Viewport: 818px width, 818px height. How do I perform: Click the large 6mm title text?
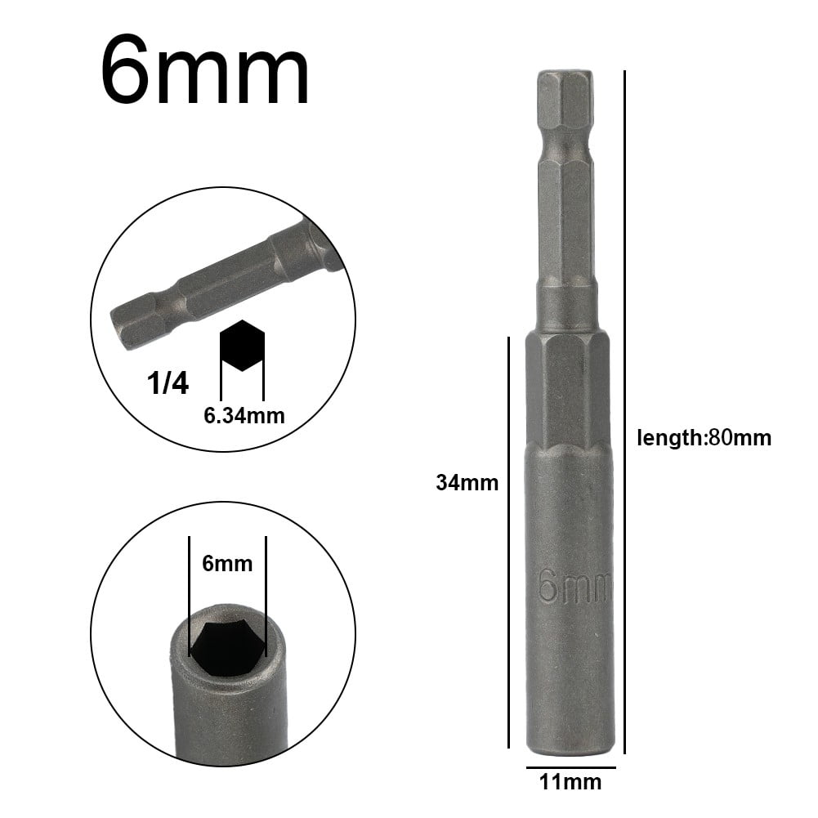[x=205, y=72]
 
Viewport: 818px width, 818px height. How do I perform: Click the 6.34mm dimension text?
[x=244, y=416]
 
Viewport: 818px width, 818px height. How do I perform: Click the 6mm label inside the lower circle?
[x=227, y=563]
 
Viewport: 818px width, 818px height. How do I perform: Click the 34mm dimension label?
[x=467, y=483]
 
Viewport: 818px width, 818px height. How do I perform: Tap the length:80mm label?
[x=704, y=438]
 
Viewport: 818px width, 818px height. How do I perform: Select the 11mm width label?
[x=571, y=782]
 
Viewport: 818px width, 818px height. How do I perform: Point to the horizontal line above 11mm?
[x=570, y=767]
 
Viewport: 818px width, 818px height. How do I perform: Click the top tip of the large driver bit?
[x=566, y=74]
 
